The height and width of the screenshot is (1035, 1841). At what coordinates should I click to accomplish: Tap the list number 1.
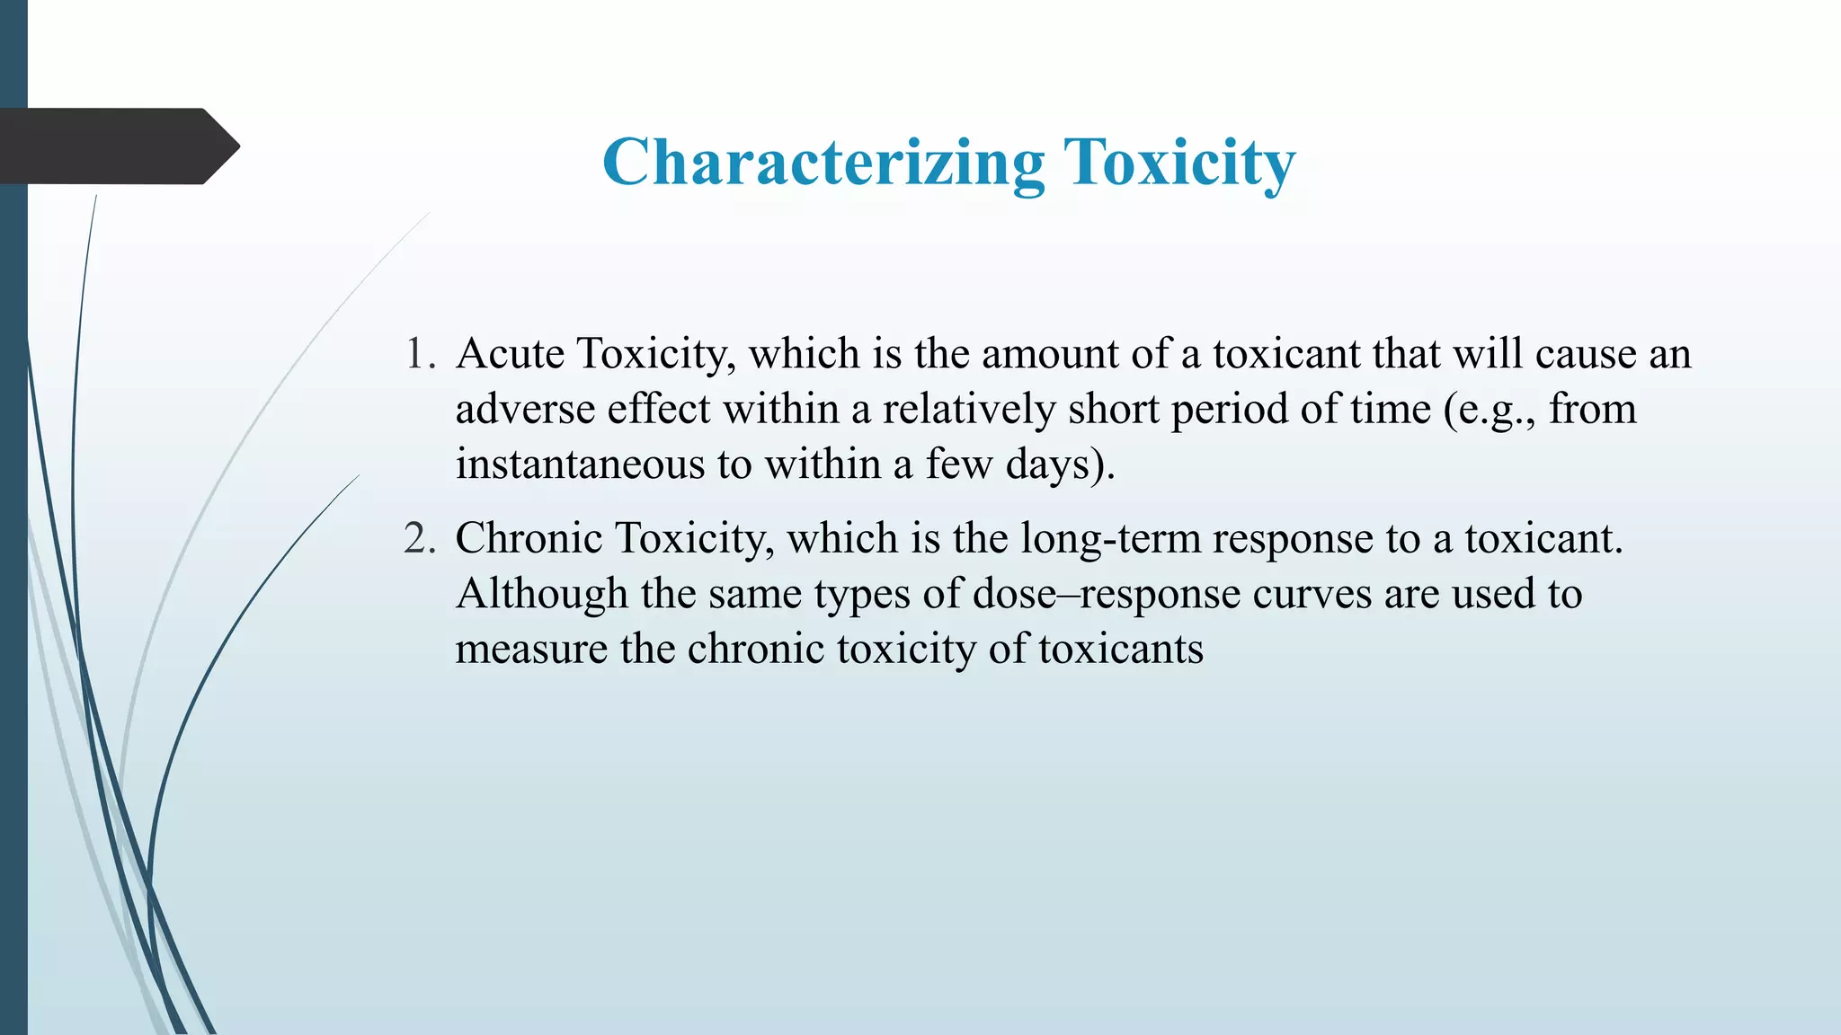click(x=419, y=353)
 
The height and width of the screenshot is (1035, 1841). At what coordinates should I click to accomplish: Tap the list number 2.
click(x=419, y=538)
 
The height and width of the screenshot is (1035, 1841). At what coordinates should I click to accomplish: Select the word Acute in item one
click(x=511, y=353)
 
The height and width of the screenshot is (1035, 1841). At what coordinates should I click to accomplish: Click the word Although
click(x=541, y=594)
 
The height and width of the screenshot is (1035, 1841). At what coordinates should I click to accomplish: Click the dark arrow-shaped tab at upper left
click(x=117, y=146)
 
